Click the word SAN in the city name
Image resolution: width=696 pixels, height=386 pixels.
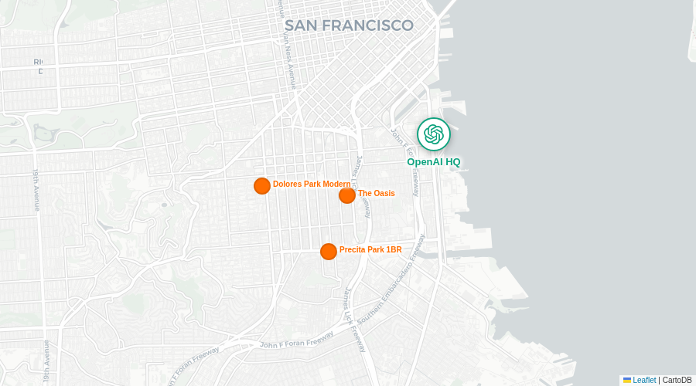click(301, 25)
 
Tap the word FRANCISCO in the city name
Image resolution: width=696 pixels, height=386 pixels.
click(367, 25)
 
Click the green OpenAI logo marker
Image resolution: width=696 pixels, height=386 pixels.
click(434, 134)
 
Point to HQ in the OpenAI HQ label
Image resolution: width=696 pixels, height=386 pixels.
click(452, 162)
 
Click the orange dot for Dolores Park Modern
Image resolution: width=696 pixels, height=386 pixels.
click(262, 185)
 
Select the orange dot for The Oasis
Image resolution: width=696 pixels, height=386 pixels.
click(347, 195)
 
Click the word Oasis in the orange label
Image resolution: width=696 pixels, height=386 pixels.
click(384, 193)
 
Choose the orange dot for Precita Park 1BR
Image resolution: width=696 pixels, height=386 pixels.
click(329, 252)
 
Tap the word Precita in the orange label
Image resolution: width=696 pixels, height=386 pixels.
click(353, 249)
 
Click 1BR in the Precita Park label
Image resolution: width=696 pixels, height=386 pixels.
click(394, 249)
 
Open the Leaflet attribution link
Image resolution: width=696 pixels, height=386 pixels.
click(644, 380)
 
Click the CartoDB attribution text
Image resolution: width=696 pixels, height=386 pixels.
click(677, 380)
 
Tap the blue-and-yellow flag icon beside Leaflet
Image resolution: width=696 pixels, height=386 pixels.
click(627, 380)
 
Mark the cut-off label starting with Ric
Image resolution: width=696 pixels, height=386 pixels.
click(39, 62)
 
